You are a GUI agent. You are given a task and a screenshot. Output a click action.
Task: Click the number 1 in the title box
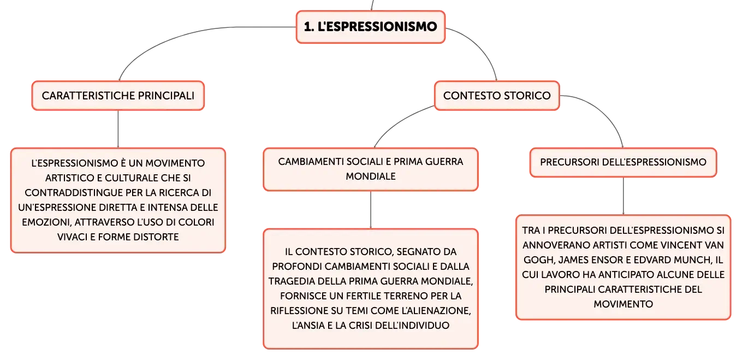(308, 27)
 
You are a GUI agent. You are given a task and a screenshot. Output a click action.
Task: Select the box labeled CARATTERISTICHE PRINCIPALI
(118, 96)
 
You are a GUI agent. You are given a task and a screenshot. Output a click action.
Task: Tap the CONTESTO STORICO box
(497, 96)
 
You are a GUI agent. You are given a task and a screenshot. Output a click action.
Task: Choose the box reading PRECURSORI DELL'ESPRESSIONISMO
(623, 162)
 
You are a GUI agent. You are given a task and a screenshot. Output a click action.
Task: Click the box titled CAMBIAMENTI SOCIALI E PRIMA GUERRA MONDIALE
(371, 169)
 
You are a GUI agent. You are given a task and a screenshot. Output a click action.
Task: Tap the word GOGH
(538, 260)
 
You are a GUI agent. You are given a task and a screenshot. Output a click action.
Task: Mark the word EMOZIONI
(47, 222)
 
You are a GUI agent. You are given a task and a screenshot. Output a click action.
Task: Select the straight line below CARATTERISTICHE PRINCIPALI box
(118, 129)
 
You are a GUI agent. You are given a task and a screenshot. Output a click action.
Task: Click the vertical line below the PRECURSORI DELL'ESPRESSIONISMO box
(624, 196)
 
